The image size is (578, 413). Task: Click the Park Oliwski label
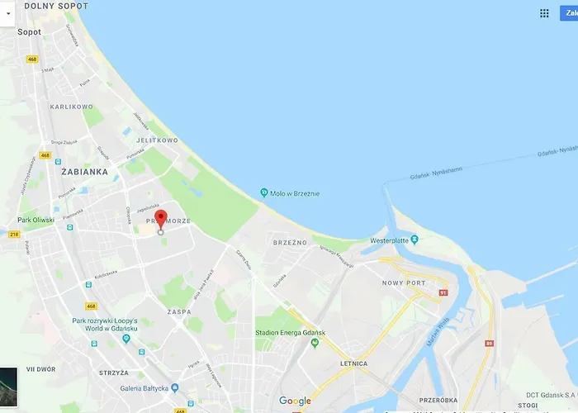(36, 221)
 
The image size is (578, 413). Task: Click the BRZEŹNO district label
(290, 243)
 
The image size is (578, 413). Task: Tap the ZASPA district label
(178, 312)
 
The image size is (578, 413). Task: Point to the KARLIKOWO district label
(71, 107)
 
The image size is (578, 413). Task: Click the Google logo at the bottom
(295, 401)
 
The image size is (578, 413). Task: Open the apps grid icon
(544, 13)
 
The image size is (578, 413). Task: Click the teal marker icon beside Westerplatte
(415, 240)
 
